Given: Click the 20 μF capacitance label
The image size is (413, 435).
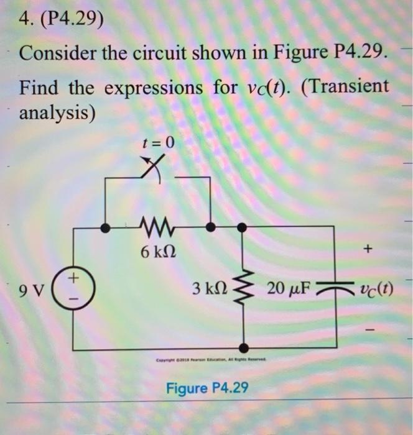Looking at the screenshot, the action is (289, 288).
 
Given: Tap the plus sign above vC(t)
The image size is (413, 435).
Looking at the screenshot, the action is (368, 250).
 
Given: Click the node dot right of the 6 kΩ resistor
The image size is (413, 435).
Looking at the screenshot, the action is (211, 227).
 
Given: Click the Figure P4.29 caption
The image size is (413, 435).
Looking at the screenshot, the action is (207, 388).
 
